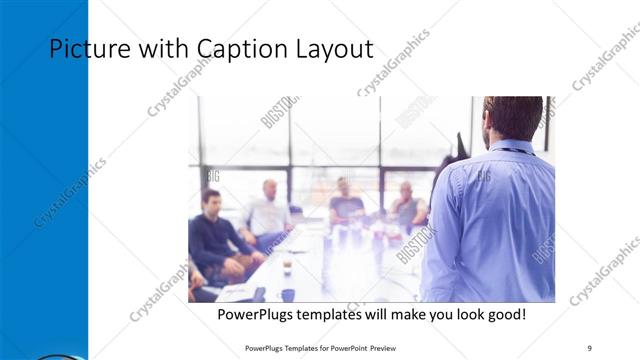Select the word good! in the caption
coord(503,315)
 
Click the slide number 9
coord(590,348)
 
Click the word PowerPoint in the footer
coord(344,348)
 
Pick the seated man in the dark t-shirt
coord(346,205)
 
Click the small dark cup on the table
coord(286,267)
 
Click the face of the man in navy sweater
coord(211,200)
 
